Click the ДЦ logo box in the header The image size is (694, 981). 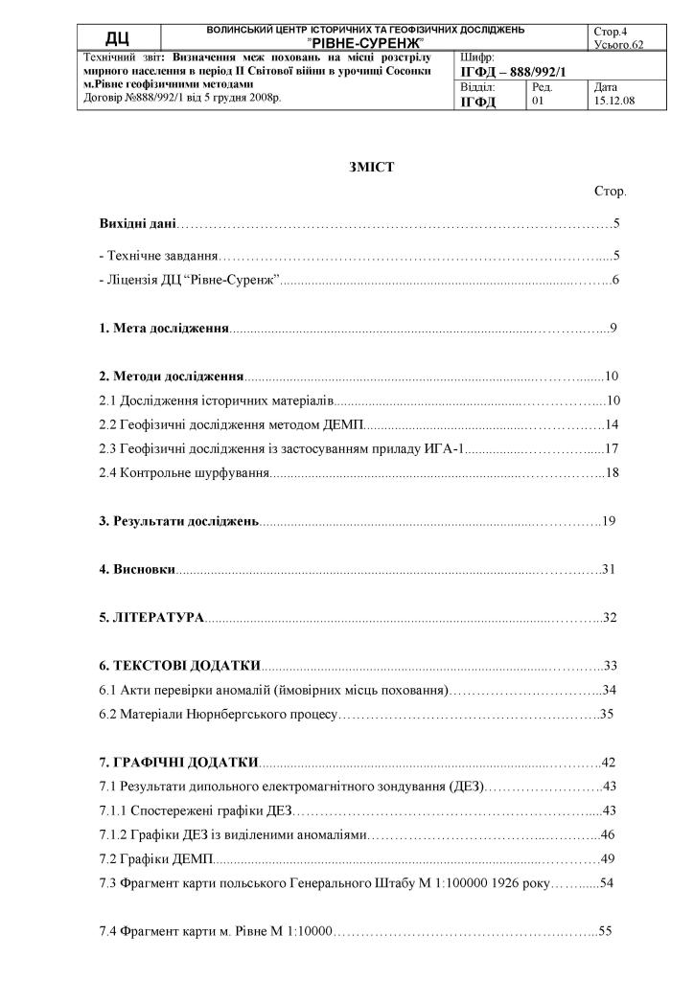coord(118,37)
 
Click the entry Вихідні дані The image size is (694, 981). coord(138,223)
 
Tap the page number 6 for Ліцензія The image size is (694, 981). coord(615,280)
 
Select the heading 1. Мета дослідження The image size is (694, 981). coord(164,329)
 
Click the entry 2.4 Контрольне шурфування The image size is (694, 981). coord(185,472)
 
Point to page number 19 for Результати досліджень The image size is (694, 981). coord(608,521)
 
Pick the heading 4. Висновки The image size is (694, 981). coord(137,570)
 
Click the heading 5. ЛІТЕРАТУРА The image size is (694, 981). coord(152,618)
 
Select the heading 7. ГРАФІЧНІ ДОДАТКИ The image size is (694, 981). coord(179,763)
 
